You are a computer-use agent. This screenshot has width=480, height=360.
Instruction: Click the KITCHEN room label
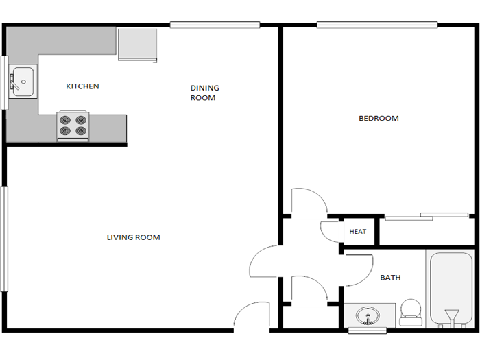[82, 86]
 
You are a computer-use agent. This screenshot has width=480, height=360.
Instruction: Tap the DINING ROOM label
[204, 93]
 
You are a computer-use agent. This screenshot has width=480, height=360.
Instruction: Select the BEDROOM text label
[379, 119]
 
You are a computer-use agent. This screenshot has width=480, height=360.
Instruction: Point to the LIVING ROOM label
[133, 237]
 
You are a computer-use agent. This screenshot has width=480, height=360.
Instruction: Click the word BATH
[390, 278]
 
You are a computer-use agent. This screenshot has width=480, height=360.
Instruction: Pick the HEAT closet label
[357, 232]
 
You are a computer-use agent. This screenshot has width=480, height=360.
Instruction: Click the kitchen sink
[23, 82]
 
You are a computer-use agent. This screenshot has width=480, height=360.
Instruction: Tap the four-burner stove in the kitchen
[73, 125]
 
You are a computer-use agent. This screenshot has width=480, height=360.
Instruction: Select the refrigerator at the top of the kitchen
[138, 45]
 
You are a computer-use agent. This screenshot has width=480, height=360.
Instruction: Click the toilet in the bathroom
[410, 312]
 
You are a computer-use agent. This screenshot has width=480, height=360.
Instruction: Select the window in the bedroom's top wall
[377, 25]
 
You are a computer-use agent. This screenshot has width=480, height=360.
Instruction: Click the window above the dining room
[215, 25]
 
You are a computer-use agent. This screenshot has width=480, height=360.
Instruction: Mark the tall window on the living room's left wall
[3, 238]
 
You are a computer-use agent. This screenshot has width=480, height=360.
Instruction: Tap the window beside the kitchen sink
[3, 82]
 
